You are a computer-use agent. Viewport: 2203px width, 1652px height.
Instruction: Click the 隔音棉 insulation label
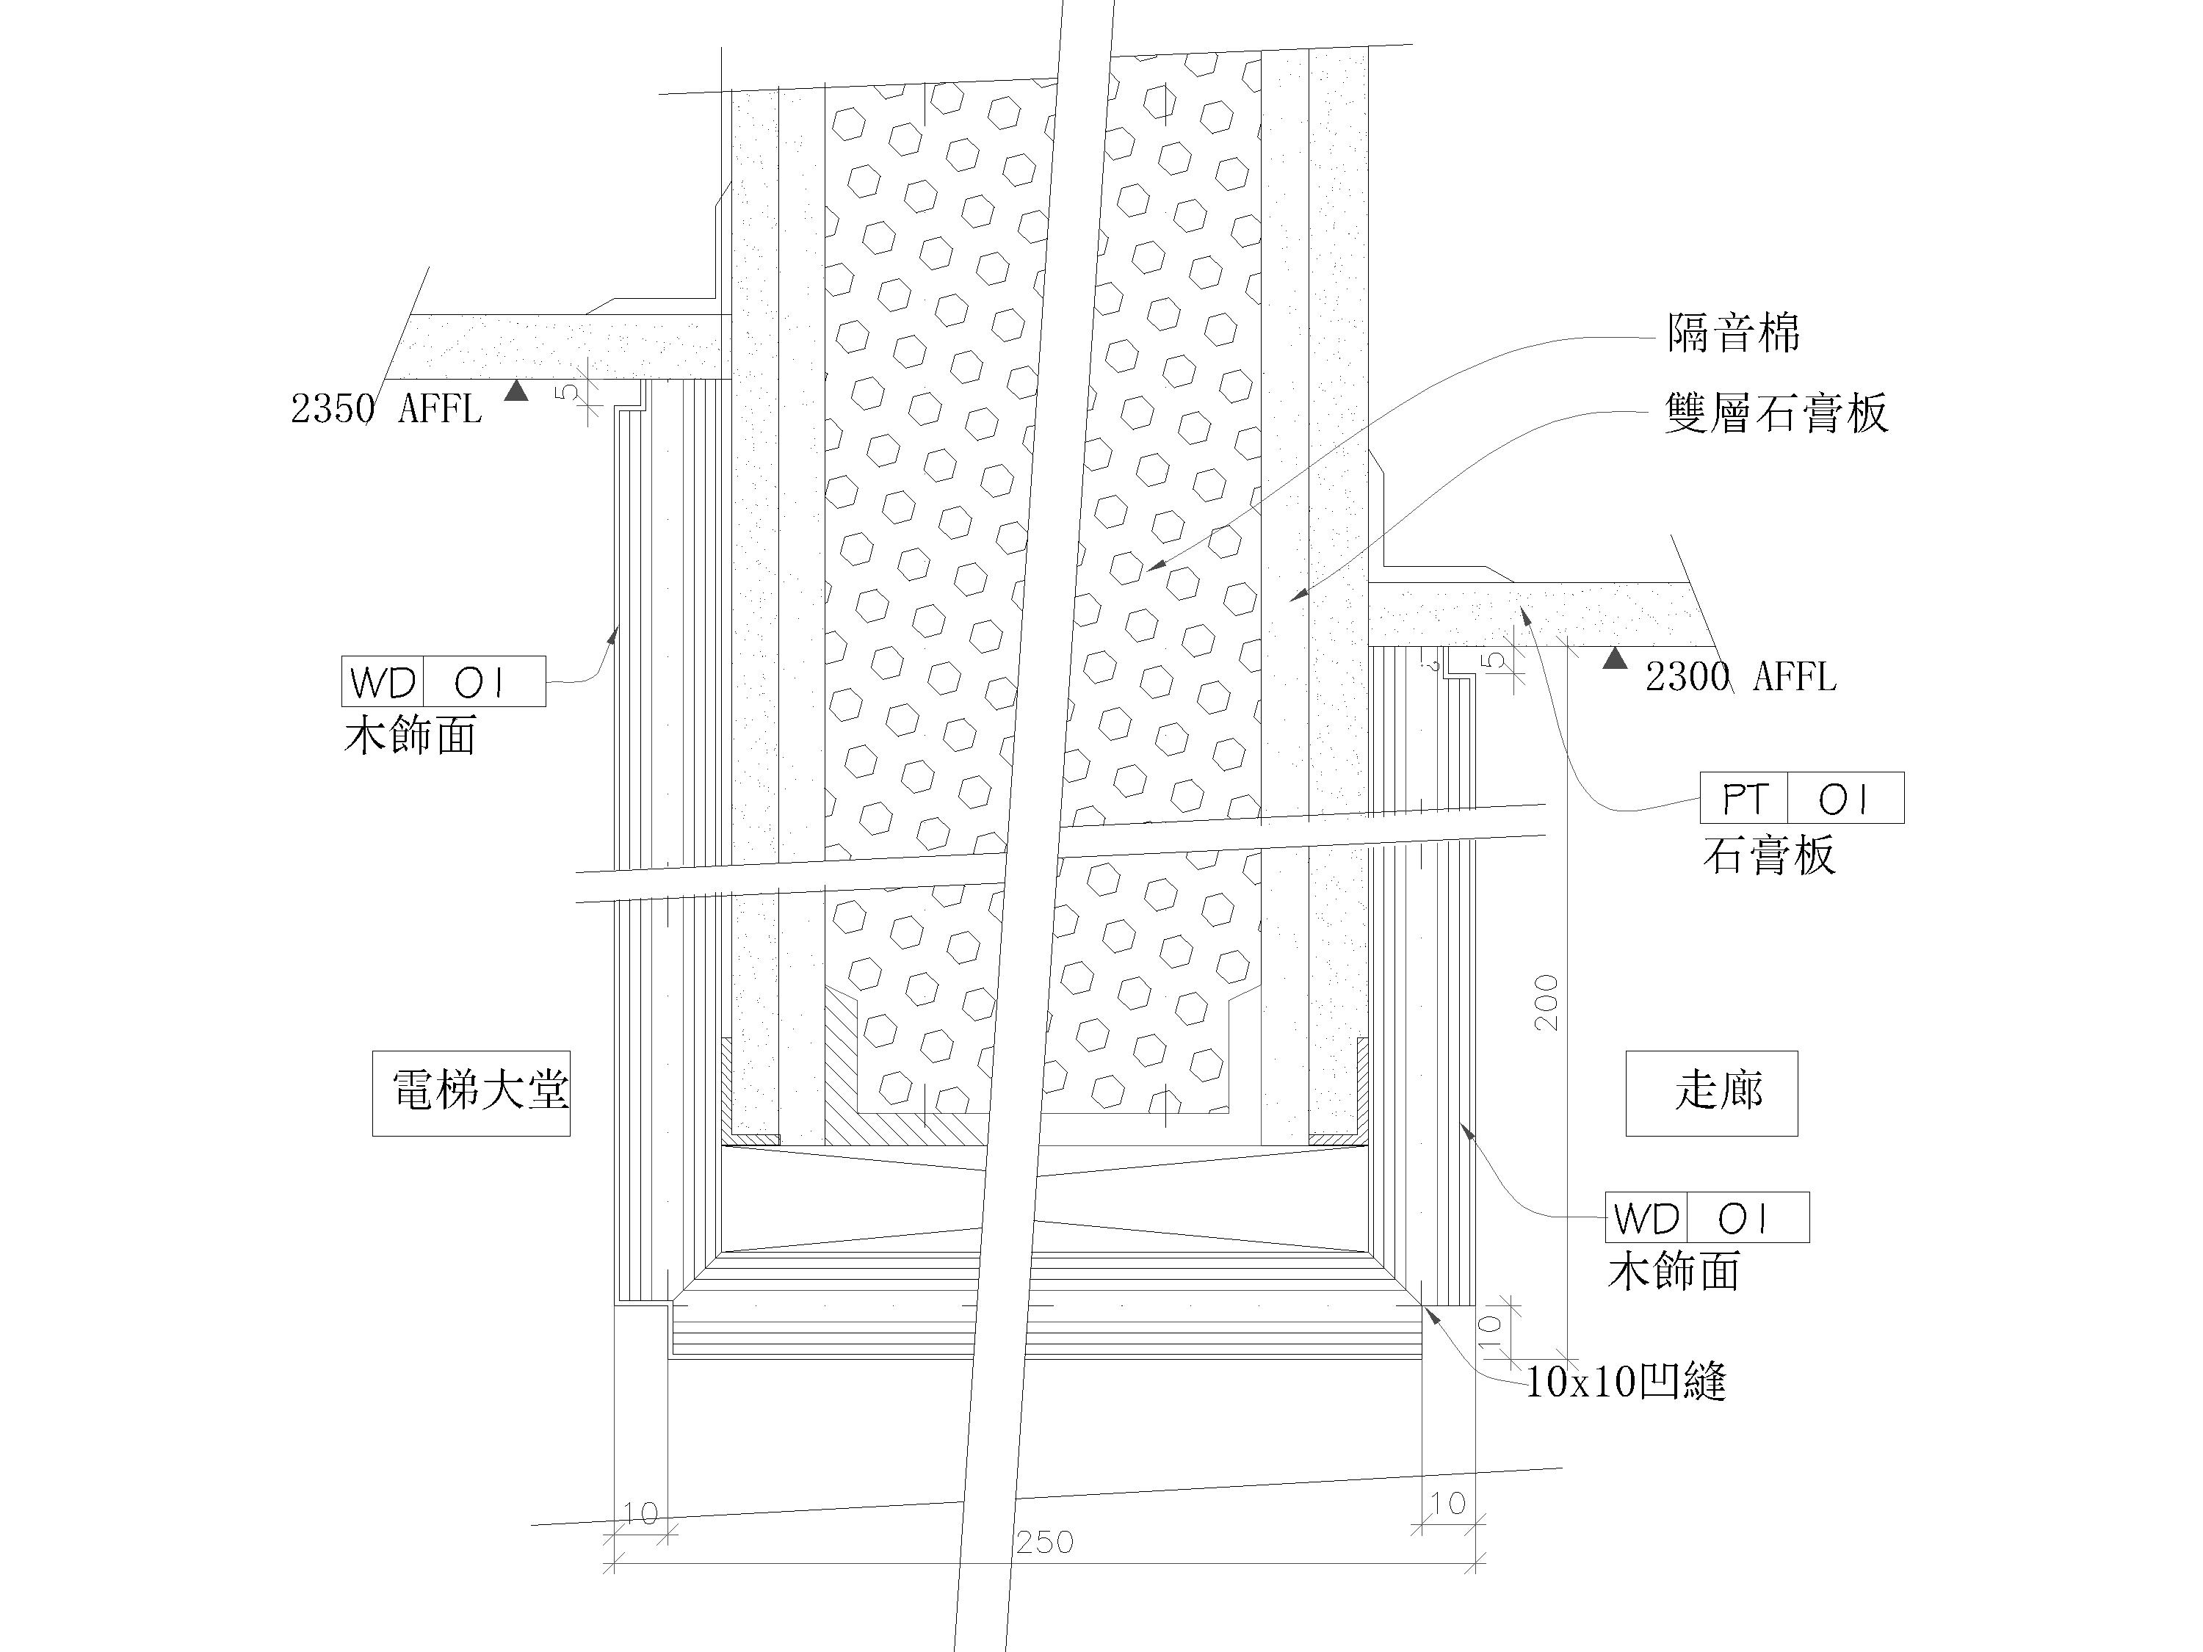point(1734,333)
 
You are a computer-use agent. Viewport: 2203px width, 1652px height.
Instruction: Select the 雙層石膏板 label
point(1776,413)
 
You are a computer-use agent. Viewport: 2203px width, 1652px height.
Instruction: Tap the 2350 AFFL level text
point(386,409)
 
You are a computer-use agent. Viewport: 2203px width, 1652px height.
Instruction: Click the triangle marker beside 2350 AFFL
point(516,391)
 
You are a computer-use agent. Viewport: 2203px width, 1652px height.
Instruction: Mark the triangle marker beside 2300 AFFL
point(1614,658)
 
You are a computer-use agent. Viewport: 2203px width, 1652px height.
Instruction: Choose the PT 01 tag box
point(1801,797)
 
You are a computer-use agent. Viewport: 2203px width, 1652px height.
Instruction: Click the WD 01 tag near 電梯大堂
point(444,682)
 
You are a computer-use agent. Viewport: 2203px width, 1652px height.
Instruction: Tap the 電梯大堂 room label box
point(471,1093)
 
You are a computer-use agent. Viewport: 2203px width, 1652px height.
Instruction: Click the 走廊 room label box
point(1711,1093)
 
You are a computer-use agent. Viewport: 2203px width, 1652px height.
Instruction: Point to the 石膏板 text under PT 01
point(1769,855)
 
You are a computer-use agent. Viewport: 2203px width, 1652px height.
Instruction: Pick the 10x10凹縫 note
point(1625,1382)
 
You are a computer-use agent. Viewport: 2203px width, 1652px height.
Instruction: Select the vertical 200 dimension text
point(1547,1001)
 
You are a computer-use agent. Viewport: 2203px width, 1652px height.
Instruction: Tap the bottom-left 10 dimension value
point(640,1513)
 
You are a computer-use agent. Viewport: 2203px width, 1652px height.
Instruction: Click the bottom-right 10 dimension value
point(1447,1503)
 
